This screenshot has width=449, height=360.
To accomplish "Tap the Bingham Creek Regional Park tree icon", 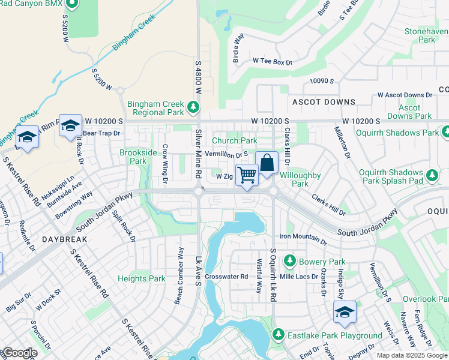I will [193, 108].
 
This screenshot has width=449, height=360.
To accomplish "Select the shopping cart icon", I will [246, 175].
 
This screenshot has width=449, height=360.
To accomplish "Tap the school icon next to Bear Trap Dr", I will [70, 126].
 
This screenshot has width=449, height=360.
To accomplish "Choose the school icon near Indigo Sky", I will [345, 312].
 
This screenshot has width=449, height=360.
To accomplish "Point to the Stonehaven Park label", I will [427, 35].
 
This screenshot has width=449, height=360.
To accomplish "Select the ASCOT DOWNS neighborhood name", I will [324, 102].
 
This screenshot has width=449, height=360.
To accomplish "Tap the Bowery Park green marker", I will [290, 262].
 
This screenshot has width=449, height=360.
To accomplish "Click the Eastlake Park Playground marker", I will [278, 335].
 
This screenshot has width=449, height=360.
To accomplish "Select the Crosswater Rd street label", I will [226, 277].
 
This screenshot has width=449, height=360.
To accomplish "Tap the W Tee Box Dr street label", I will [272, 61].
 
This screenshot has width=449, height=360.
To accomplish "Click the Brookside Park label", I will [133, 157].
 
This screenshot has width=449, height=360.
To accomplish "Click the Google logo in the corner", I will [19, 353].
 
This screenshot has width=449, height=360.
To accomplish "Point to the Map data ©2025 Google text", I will [411, 355].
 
